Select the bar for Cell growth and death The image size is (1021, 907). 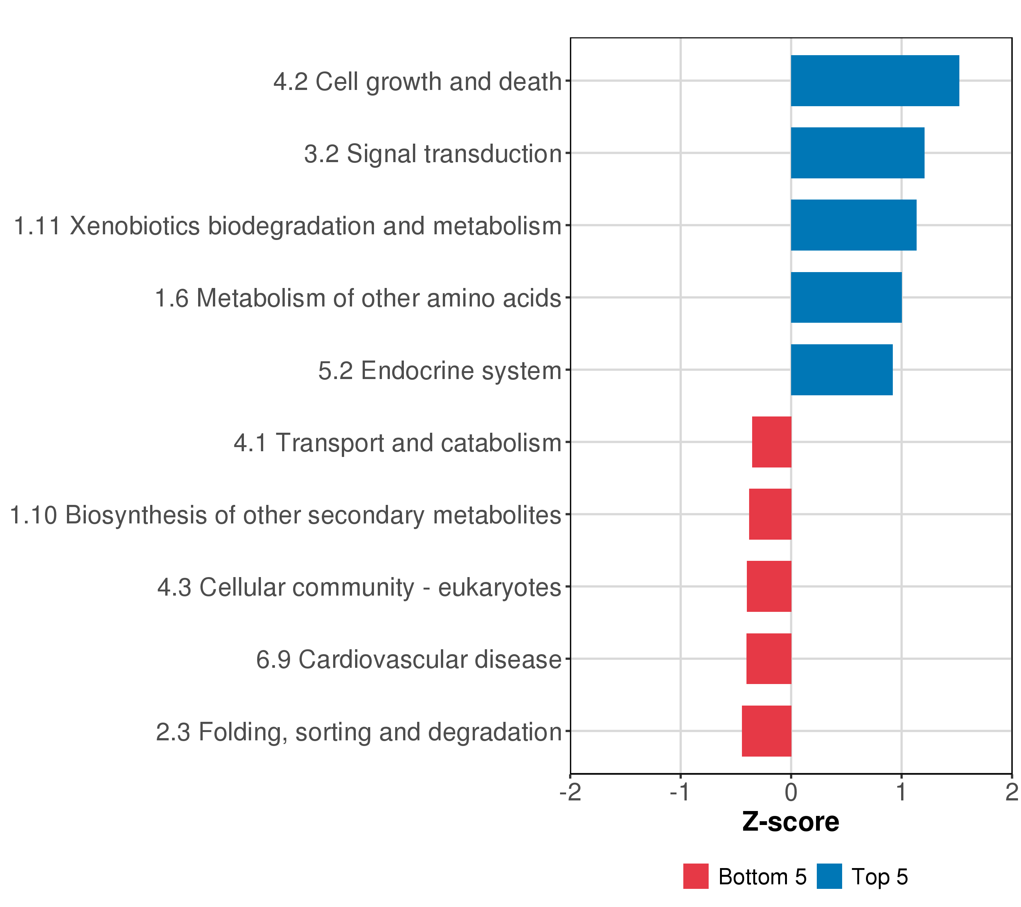tap(875, 81)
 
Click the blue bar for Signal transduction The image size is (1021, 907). tap(857, 153)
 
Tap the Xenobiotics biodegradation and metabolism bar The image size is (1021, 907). tap(853, 225)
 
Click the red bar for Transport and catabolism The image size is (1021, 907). tap(772, 442)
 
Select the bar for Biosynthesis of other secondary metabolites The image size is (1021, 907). tap(770, 514)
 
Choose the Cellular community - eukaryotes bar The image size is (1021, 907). tap(769, 587)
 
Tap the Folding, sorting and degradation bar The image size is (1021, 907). tap(766, 731)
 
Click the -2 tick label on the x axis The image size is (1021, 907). tap(570, 793)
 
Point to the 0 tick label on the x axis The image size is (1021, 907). tap(791, 793)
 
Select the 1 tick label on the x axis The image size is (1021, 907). tap(901, 793)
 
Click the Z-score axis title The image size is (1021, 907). tap(791, 822)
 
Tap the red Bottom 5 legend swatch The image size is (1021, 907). tap(696, 876)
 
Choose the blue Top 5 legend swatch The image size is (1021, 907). tap(829, 876)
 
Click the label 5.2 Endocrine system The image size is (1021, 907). tap(439, 371)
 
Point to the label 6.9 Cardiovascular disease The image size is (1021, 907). tap(409, 659)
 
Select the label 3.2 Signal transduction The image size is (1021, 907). tap(433, 154)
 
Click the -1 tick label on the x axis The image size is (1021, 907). tap(680, 793)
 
